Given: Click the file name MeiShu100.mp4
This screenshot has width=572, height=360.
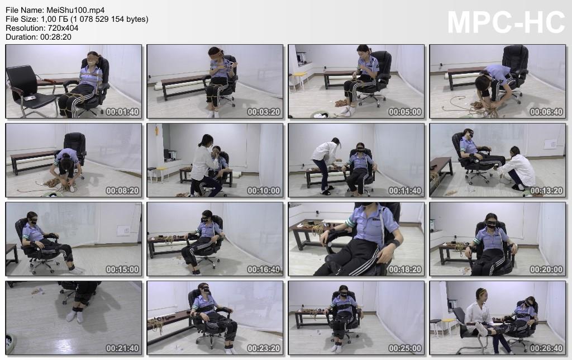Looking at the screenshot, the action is (x=75, y=10).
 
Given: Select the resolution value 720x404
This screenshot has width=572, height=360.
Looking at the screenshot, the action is (x=63, y=28).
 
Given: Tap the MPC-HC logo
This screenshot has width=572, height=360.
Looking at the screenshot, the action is (x=506, y=22).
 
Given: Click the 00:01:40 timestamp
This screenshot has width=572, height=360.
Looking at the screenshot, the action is (x=122, y=112).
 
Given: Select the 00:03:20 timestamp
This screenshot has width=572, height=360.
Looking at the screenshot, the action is (x=264, y=112).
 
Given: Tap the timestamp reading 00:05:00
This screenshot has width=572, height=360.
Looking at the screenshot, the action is (x=405, y=112).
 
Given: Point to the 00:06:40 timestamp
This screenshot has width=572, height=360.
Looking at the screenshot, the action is (x=546, y=112).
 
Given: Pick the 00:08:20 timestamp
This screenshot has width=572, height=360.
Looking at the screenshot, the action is (x=122, y=191).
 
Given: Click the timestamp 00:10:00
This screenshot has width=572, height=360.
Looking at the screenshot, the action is (x=264, y=191).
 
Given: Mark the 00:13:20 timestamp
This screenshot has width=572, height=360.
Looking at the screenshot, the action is (x=546, y=191).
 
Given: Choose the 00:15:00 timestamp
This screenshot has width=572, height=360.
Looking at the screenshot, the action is (x=122, y=270).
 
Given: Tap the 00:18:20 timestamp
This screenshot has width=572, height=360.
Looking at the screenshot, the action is (x=405, y=270).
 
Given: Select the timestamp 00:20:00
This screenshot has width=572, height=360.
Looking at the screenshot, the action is (x=546, y=270).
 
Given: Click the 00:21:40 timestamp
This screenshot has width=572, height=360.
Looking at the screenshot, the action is (x=122, y=349).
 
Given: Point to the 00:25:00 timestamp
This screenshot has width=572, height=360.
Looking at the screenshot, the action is (x=405, y=349).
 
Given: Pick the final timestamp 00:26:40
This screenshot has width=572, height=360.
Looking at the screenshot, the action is (x=546, y=349).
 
